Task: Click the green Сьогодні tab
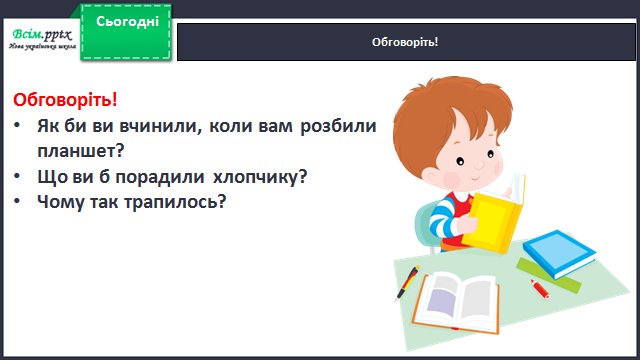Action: point(126,32)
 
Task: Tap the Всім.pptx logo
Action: point(42,39)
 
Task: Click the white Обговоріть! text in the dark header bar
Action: point(405,42)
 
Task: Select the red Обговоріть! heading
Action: point(65,100)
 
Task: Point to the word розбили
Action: point(338,126)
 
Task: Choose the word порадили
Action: point(160,177)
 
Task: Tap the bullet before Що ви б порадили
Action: point(17,176)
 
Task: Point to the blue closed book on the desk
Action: point(559,253)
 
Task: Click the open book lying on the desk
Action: point(456,303)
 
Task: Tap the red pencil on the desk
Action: point(540,289)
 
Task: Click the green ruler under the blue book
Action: point(548,276)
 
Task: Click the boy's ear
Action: point(431,177)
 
